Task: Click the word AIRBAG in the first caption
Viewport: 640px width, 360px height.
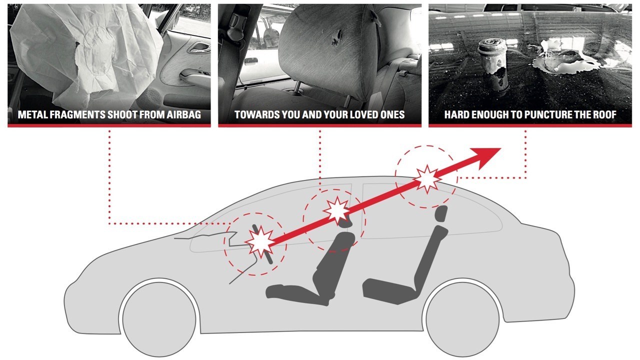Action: tap(182, 115)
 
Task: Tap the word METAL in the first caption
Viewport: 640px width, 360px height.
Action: tap(32, 115)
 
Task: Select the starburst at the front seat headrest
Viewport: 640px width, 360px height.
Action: tap(335, 211)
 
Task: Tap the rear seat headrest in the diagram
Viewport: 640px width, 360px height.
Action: tap(440, 214)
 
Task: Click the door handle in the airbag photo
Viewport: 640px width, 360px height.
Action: tap(200, 48)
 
